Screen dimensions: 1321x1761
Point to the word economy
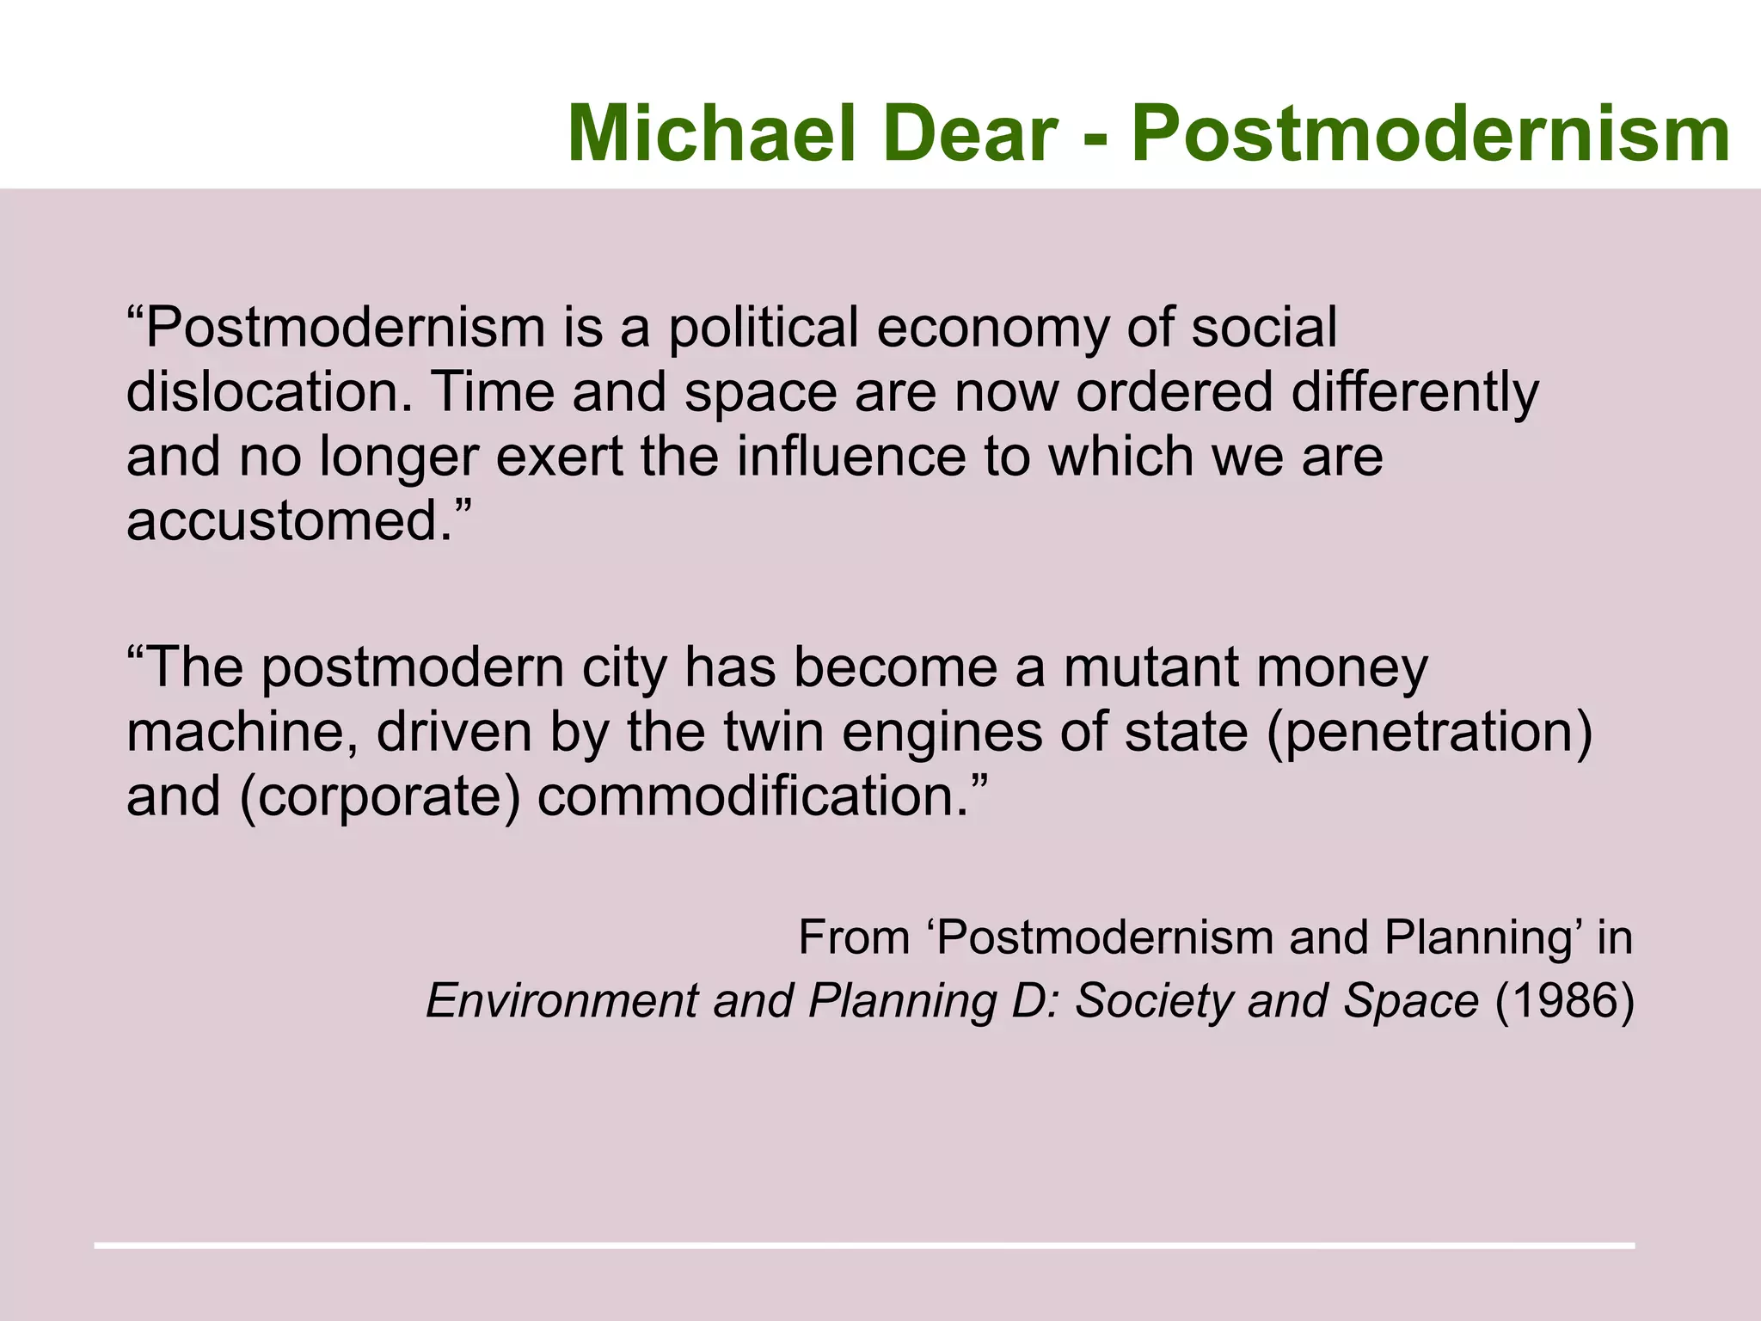coord(992,328)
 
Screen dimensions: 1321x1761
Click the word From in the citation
coord(854,937)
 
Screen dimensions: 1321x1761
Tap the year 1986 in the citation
coord(1565,1000)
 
